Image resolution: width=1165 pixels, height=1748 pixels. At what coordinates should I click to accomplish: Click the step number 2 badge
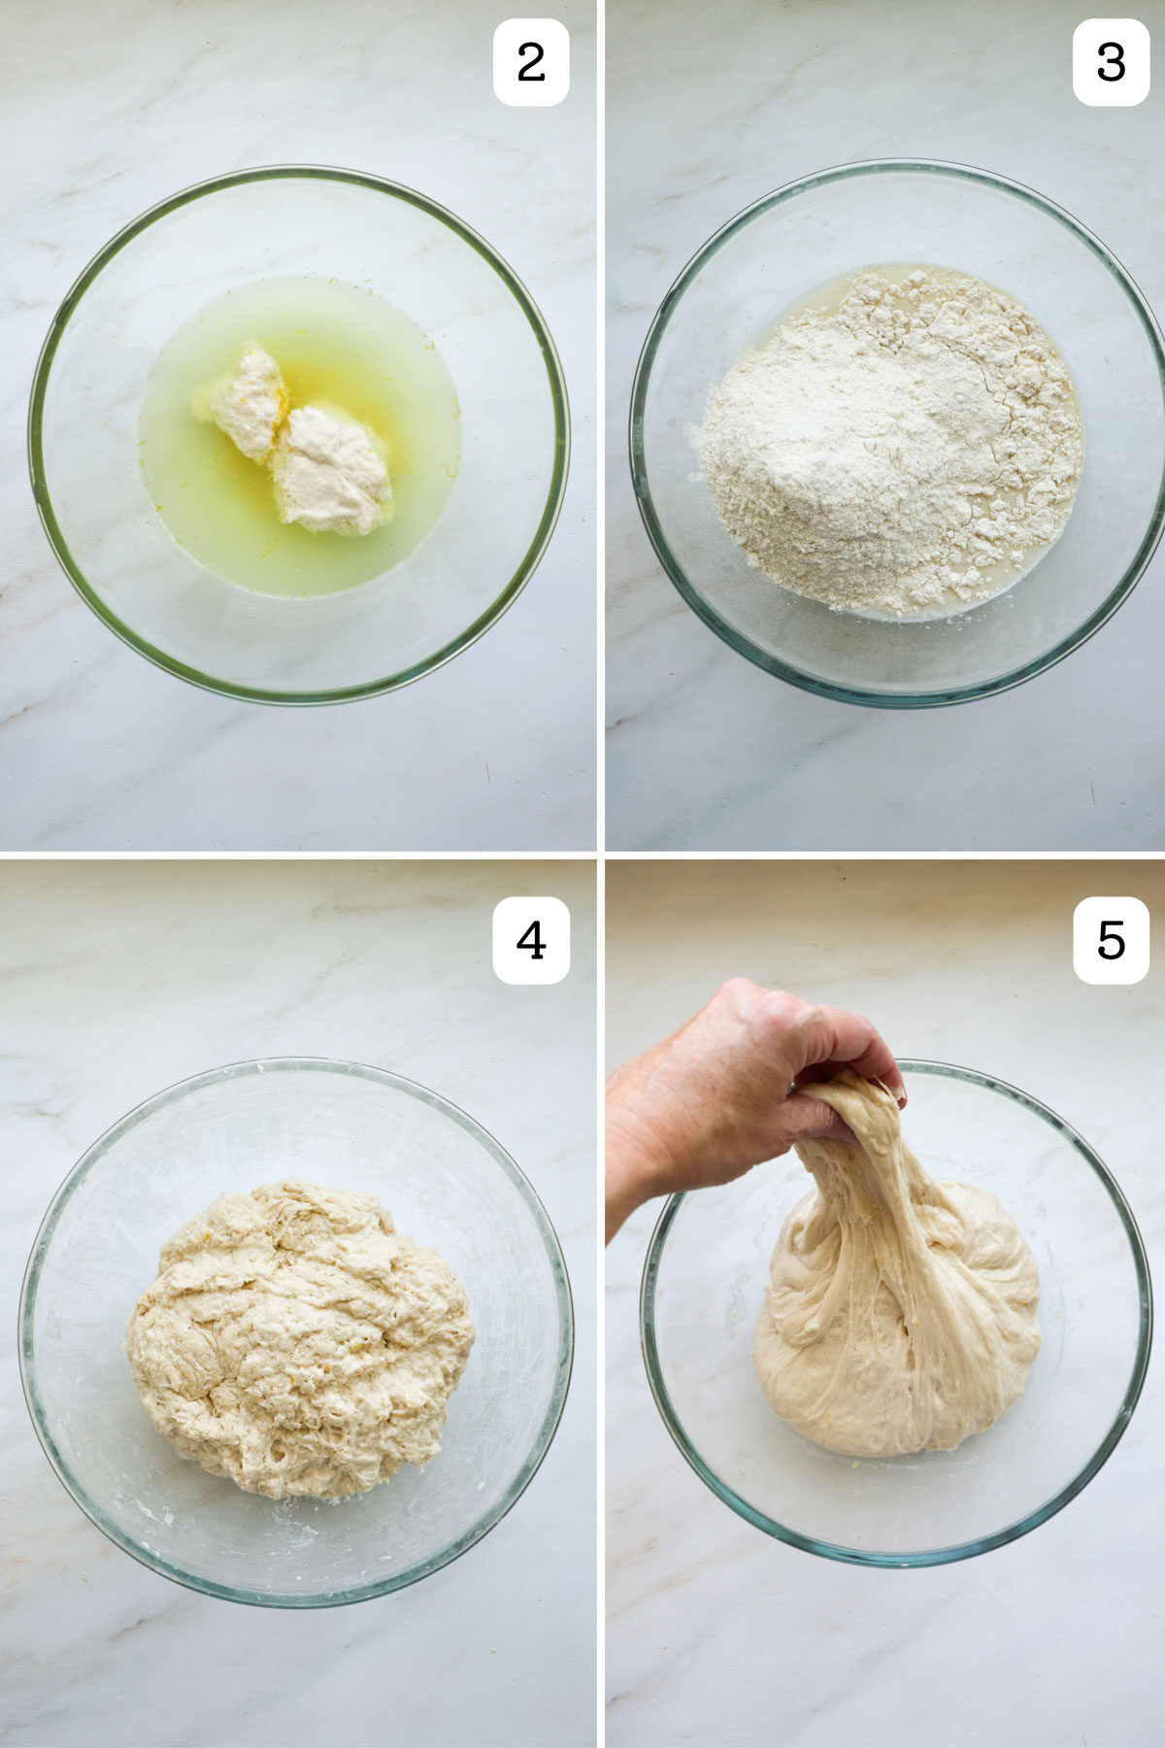(530, 62)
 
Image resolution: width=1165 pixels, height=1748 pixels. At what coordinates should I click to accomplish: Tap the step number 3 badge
(1111, 62)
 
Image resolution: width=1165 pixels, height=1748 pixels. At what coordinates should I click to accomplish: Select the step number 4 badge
(530, 940)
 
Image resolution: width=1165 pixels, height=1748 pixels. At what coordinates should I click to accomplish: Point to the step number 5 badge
(1111, 940)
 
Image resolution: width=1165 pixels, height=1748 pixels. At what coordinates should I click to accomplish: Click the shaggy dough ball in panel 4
(299, 1340)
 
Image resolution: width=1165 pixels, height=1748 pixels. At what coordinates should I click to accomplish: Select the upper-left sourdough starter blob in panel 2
(245, 400)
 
